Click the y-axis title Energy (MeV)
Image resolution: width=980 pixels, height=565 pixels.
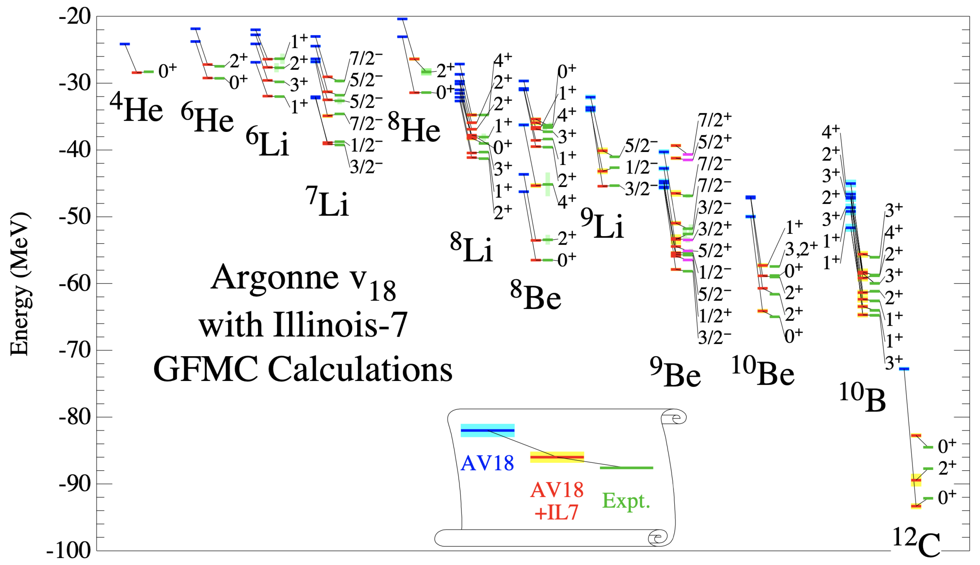pos(19,283)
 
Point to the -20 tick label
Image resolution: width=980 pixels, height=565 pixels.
pos(74,17)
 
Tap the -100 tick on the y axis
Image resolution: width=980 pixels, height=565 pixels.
pos(69,550)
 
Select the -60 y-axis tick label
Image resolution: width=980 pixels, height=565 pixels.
pos(74,284)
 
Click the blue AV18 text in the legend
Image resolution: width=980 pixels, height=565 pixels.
pos(487,463)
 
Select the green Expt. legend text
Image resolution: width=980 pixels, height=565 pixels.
pos(626,501)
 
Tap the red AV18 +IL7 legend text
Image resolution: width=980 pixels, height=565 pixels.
pos(557,501)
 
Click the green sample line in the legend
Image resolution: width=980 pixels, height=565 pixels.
pos(626,468)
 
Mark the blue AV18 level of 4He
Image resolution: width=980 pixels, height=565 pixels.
pos(125,44)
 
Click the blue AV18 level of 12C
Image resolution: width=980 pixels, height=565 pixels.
pos(904,369)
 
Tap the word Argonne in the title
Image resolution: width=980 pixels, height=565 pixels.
pos(275,277)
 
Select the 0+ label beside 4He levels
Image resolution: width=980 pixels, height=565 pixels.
pos(167,71)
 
